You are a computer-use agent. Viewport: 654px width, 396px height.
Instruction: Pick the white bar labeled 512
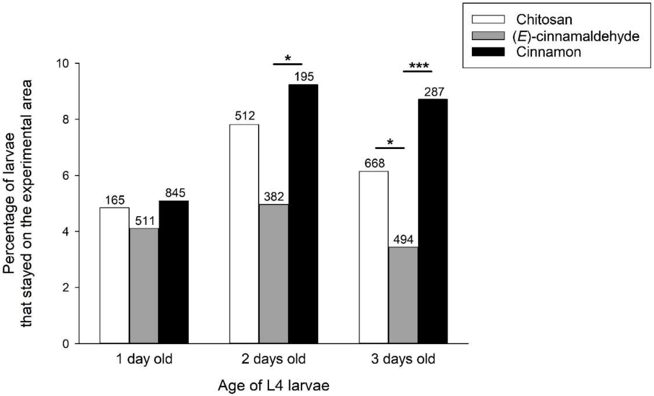coord(244,234)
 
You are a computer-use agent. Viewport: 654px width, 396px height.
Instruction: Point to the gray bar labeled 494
coord(403,295)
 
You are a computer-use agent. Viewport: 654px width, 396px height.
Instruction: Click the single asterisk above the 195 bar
coord(288,58)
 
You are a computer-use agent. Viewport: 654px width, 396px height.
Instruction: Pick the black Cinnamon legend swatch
coord(488,52)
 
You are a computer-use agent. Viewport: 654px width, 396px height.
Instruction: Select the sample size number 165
coord(114,200)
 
